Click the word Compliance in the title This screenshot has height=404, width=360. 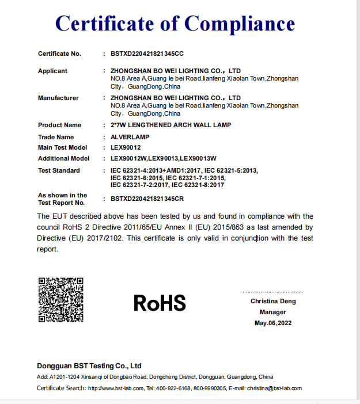(240, 24)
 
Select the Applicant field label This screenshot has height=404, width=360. (52, 71)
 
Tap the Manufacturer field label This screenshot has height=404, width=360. (58, 98)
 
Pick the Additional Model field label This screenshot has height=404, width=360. (63, 158)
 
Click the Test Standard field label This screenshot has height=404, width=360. (59, 170)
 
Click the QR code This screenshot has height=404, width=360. (61, 300)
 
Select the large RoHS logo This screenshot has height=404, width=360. (160, 302)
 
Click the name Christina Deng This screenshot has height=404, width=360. (273, 301)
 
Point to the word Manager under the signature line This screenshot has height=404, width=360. (272, 312)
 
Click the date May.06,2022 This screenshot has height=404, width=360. (273, 323)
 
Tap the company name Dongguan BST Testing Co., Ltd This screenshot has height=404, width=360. (89, 365)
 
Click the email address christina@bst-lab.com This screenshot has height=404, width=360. (275, 388)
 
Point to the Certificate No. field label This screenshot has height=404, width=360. (59, 54)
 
